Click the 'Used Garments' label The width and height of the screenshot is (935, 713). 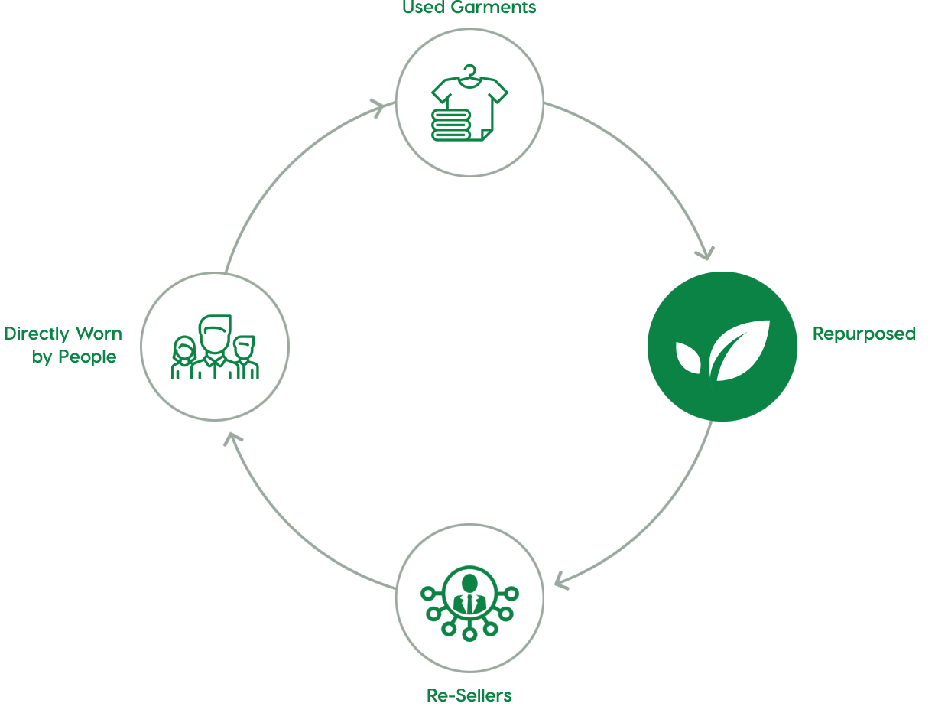point(469,7)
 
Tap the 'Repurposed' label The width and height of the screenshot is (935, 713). point(864,334)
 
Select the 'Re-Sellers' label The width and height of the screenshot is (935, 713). point(469,695)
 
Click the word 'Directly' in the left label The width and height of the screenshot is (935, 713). point(36,334)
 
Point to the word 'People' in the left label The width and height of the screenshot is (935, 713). point(87,356)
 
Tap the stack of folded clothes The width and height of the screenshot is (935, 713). point(450,125)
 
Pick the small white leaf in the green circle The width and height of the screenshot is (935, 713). point(688,358)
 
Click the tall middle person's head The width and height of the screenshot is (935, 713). point(215,334)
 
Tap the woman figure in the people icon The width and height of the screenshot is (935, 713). point(183,357)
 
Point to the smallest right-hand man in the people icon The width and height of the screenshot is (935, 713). point(245,357)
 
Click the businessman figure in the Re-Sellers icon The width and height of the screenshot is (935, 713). point(469,594)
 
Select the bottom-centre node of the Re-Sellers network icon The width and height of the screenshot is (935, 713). point(469,634)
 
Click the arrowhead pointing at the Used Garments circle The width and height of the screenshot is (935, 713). point(378,108)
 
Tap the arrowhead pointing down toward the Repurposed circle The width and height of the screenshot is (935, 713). point(706,253)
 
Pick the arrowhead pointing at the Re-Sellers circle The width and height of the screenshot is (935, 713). point(561,581)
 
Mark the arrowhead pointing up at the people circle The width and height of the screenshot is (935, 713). point(232,439)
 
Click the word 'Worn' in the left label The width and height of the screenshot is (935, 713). point(99,334)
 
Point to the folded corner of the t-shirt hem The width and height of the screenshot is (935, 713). point(487,135)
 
